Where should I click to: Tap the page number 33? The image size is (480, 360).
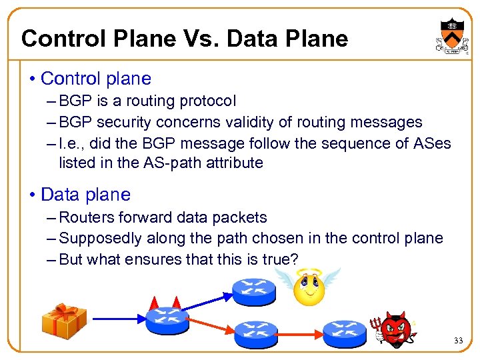[x=458, y=341]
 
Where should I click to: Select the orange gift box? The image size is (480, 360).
[x=64, y=321]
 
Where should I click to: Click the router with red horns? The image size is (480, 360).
[x=167, y=319]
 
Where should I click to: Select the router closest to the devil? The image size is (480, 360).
[x=345, y=331]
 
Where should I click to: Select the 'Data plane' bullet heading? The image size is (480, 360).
[x=85, y=195]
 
